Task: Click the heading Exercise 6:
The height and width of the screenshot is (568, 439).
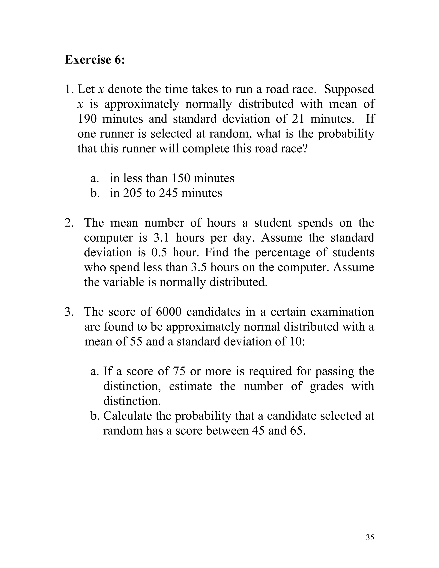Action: pos(95,60)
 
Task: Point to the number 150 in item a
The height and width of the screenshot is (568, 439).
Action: pos(181,178)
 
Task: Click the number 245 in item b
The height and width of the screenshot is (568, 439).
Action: pos(168,193)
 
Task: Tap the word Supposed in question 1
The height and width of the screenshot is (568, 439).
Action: pos(349,89)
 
